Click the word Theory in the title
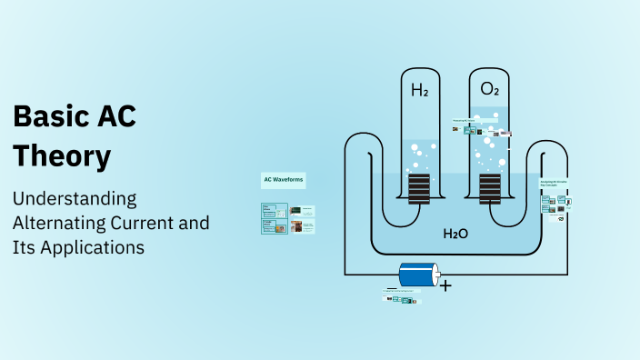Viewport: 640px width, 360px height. pyautogui.click(x=62, y=156)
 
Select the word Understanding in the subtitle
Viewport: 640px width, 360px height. pyautogui.click(x=75, y=199)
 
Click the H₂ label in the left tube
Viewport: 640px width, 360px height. pyautogui.click(x=420, y=90)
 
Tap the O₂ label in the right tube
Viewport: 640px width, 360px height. pyautogui.click(x=490, y=90)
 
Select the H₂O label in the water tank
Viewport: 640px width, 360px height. pyautogui.click(x=455, y=235)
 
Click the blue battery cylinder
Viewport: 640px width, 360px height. pyautogui.click(x=417, y=274)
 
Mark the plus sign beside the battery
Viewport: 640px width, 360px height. pyautogui.click(x=445, y=285)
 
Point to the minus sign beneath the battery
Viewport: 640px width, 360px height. pyautogui.click(x=392, y=288)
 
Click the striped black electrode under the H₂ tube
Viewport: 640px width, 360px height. pyautogui.click(x=419, y=189)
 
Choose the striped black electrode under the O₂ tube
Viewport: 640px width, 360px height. pyautogui.click(x=490, y=189)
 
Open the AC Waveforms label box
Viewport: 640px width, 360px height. pyautogui.click(x=284, y=180)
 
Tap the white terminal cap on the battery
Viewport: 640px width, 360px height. pyautogui.click(x=436, y=274)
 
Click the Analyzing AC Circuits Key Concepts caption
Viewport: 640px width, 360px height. pyautogui.click(x=554, y=184)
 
